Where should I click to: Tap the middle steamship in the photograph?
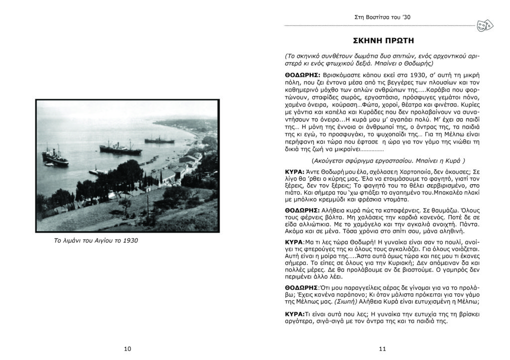pos(113,146)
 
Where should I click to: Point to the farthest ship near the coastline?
pos(159,140)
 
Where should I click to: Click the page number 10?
pos(127,349)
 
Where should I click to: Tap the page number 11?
pos(382,349)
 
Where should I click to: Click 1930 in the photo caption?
pos(129,241)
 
